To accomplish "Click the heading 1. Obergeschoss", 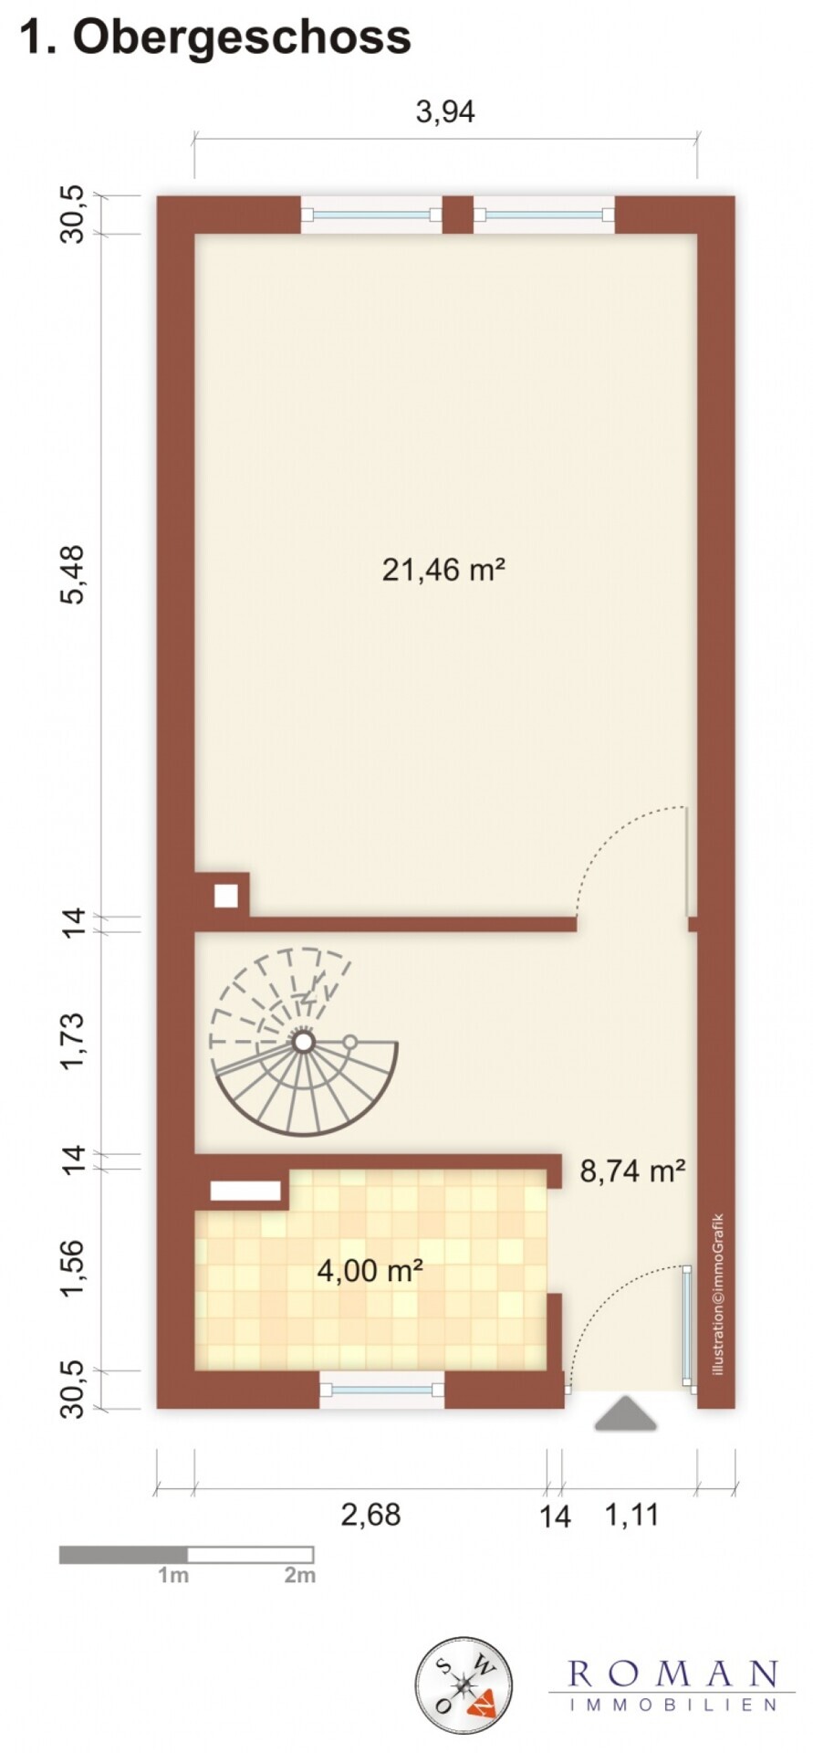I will (x=215, y=38).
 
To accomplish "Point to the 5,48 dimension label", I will (x=72, y=573).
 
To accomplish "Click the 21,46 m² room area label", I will (x=443, y=571).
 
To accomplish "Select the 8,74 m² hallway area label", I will (x=632, y=1170).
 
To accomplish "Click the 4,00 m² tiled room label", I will (x=370, y=1270).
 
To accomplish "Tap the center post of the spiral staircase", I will (x=303, y=1041).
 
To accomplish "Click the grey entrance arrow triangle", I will (x=626, y=1414).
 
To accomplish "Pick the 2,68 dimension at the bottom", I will (x=370, y=1515).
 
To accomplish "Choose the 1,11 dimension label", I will (x=631, y=1515).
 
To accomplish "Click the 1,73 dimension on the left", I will (x=72, y=1039).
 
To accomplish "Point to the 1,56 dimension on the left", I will (x=72, y=1267).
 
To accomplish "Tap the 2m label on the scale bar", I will (x=299, y=1575).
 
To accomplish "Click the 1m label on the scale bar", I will (x=173, y=1575).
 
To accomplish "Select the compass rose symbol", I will (x=464, y=1685).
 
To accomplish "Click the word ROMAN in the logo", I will (x=672, y=1674).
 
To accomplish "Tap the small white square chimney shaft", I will (x=225, y=896).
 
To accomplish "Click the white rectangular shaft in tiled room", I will (x=245, y=1191).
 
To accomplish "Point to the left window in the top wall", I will (x=371, y=215).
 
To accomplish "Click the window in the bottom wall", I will (x=381, y=1390).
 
